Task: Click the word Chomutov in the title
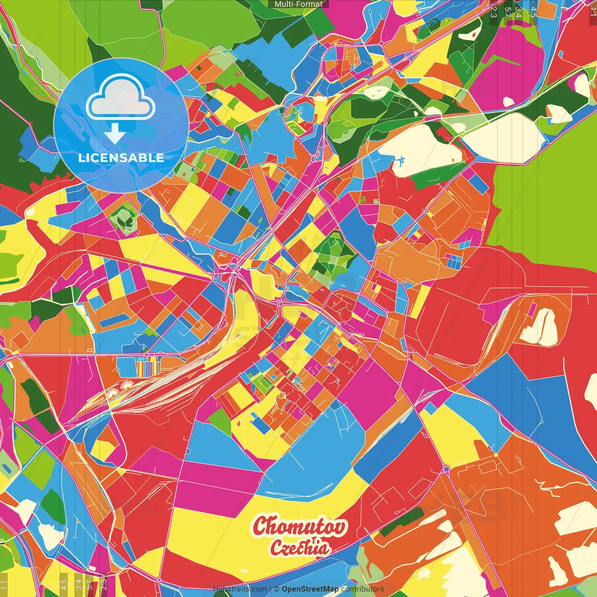coord(300,526)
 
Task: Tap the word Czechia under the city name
coord(299,548)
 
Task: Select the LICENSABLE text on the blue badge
coord(121,158)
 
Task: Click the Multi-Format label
coord(298,4)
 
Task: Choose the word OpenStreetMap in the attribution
coord(310,589)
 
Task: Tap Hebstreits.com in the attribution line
coord(240,589)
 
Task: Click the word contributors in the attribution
coord(362,589)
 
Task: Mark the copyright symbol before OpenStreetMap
coord(277,589)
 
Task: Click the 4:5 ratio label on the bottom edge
coord(63,584)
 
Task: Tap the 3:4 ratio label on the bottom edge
coord(78,584)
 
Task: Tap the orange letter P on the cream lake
coord(452,160)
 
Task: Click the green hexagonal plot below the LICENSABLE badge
coord(124,218)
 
